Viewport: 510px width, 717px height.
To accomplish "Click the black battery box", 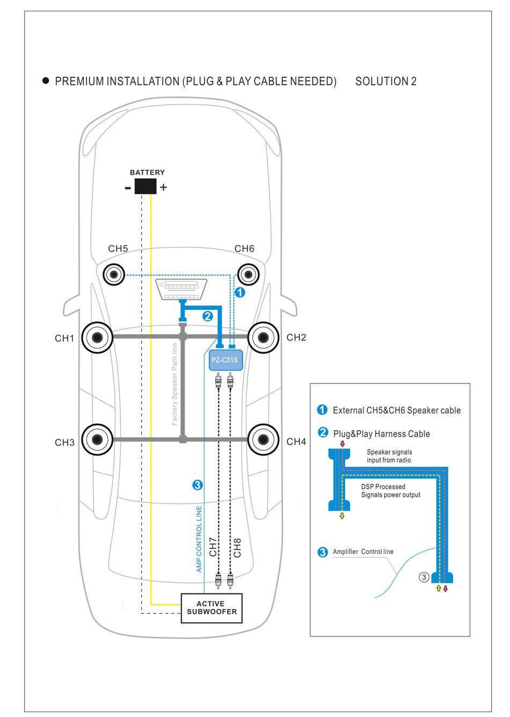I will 145,186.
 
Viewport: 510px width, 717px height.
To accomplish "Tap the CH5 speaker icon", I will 114,275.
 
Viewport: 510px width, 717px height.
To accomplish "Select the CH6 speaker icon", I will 248,275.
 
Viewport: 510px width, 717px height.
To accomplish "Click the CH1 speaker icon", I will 97,337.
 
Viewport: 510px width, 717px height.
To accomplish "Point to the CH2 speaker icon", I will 263,337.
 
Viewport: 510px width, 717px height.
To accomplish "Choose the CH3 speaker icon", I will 97,439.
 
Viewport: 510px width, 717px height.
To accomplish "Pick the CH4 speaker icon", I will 263,439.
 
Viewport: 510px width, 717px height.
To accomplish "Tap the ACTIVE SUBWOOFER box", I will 212,608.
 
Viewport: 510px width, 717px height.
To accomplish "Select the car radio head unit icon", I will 181,289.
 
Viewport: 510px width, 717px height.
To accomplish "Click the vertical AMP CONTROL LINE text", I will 199,539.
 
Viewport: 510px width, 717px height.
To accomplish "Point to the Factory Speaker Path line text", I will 174,384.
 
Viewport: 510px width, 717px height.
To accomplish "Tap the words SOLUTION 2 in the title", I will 385,82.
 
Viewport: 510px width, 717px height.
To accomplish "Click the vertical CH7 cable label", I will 213,547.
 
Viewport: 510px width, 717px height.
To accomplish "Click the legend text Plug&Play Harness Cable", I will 381,434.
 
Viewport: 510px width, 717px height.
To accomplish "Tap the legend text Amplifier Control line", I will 363,552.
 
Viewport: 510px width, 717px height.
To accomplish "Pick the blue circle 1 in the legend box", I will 322,410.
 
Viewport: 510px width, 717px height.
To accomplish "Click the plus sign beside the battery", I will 163,187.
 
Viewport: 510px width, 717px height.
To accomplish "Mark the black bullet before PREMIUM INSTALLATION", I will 46,81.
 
